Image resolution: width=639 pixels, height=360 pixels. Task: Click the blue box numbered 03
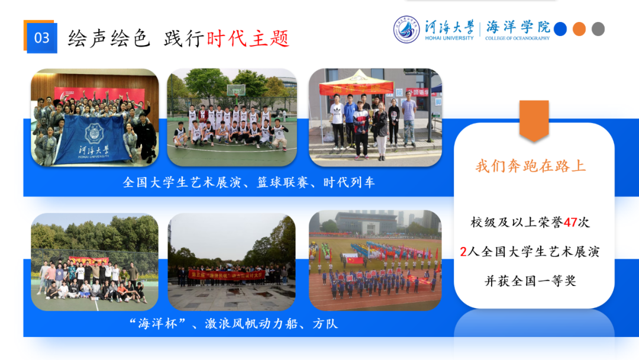pyautogui.click(x=41, y=38)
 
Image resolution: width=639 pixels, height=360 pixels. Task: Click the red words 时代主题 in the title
pyautogui.click(x=248, y=38)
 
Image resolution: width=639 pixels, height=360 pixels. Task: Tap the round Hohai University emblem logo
pyautogui.click(x=406, y=29)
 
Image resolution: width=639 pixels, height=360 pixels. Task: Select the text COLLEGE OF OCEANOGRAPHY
pyautogui.click(x=517, y=38)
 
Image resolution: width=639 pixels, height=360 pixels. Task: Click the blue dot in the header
pyautogui.click(x=560, y=28)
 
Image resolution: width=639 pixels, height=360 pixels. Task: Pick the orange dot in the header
pyautogui.click(x=579, y=28)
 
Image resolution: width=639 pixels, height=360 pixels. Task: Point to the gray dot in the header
pyautogui.click(x=598, y=28)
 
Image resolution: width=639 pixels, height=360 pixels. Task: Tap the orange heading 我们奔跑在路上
pyautogui.click(x=531, y=166)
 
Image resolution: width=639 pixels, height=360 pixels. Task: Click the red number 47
pyautogui.click(x=570, y=222)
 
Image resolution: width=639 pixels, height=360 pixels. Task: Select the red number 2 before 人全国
pyautogui.click(x=463, y=252)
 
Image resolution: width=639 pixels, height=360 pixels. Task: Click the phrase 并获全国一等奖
pyautogui.click(x=530, y=281)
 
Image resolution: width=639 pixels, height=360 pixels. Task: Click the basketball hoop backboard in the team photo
pyautogui.click(x=235, y=90)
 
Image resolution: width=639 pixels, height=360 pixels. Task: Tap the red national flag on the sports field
pyautogui.click(x=354, y=260)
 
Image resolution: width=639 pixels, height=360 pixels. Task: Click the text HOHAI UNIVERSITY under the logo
pyautogui.click(x=450, y=38)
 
